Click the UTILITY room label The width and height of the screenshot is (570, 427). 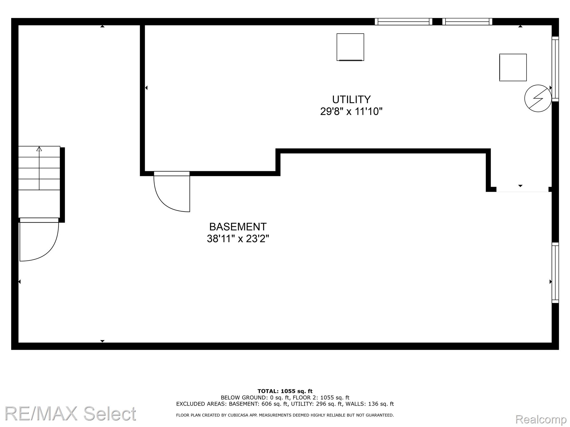tap(351, 100)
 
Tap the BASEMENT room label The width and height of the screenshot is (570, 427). tap(238, 227)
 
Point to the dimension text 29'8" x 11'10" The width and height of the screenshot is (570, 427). tap(351, 111)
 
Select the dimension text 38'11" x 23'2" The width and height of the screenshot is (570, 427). tap(238, 239)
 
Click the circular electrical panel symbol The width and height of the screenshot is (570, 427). tap(538, 98)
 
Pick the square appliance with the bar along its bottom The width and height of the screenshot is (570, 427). tap(350, 47)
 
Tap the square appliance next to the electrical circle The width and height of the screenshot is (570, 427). tap(513, 68)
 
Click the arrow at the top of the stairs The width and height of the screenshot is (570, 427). tap(39, 149)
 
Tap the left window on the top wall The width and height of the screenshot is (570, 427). tap(403, 22)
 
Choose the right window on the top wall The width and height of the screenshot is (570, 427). tap(467, 22)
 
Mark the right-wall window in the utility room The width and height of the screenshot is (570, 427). tap(555, 69)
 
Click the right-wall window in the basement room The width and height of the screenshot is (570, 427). tap(555, 273)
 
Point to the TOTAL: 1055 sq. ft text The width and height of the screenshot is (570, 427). tap(285, 391)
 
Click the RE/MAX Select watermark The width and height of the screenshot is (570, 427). tap(70, 413)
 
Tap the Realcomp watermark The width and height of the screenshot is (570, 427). tap(541, 419)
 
